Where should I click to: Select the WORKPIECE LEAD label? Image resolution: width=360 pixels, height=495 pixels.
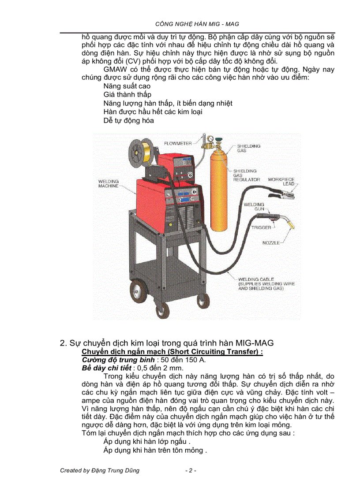[281, 182]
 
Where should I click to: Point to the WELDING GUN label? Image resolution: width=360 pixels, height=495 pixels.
[254, 207]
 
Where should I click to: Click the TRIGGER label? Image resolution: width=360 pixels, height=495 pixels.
[261, 227]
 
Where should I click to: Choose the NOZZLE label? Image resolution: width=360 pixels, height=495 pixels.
[271, 243]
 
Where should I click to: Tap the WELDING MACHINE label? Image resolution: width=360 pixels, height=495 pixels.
[109, 183]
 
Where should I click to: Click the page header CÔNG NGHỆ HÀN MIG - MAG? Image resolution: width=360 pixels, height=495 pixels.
[198, 24]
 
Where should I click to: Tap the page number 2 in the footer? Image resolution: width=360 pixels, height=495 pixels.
[190, 470]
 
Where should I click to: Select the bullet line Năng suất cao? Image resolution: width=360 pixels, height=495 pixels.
[127, 86]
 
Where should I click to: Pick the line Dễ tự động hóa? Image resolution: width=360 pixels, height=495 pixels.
[128, 120]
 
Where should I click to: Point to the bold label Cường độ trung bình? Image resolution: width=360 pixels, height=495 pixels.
[108, 360]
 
